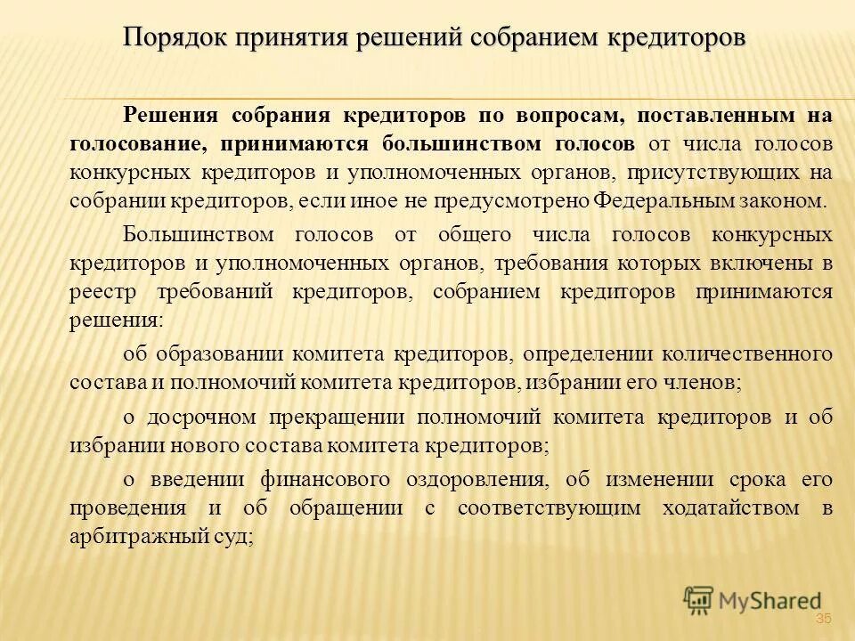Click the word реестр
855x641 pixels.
99,292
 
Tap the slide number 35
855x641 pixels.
822,619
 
